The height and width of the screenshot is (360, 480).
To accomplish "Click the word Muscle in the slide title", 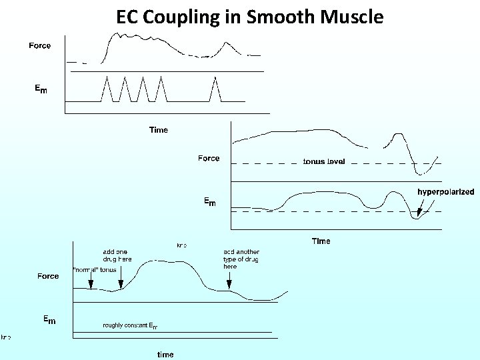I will click(353, 17).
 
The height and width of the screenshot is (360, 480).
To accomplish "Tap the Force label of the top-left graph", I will click(39, 45).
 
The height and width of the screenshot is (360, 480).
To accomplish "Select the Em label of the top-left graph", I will click(41, 88).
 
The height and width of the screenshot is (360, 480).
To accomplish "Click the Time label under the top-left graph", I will click(159, 130).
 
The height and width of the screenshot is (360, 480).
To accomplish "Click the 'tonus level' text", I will click(324, 161).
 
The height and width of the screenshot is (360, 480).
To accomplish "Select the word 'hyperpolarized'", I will click(446, 191).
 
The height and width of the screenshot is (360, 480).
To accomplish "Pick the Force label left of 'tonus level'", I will click(209, 158).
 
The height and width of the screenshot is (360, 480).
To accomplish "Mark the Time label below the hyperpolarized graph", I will click(321, 241).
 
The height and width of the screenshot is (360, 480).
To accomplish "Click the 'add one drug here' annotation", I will click(117, 255).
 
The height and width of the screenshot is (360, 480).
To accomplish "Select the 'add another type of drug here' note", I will click(241, 259).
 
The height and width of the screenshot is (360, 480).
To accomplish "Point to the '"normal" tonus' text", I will click(94, 270).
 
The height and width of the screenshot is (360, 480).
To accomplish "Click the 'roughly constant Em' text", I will click(131, 326).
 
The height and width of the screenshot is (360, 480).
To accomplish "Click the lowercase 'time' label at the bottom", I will click(165, 355).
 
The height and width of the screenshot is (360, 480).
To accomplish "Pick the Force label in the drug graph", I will click(48, 276).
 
